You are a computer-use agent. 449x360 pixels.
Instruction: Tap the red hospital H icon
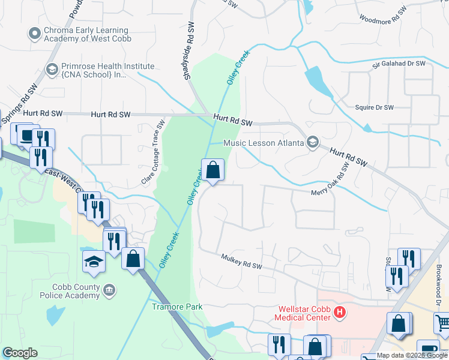[x=340, y=313]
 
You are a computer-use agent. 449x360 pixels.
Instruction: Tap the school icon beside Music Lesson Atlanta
[x=312, y=142]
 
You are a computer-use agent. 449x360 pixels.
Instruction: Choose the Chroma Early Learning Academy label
[x=86, y=35]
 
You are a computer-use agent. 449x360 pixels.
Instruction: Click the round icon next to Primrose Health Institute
[x=52, y=70]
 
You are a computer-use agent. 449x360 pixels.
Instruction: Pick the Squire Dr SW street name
[x=375, y=107]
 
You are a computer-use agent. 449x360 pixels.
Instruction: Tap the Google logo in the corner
[x=20, y=352]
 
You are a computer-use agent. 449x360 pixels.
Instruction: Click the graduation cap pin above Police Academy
[x=94, y=262]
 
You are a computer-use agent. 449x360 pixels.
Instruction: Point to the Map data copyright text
[x=412, y=356]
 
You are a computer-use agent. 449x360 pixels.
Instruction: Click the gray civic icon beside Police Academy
[x=110, y=290]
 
